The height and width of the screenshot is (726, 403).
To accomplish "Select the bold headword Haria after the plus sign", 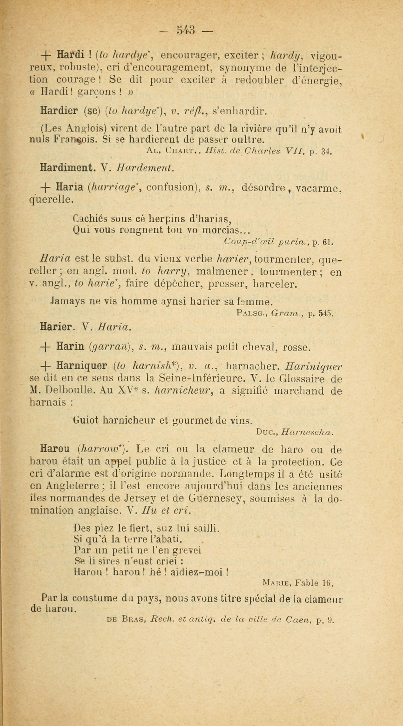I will click(x=69, y=187).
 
